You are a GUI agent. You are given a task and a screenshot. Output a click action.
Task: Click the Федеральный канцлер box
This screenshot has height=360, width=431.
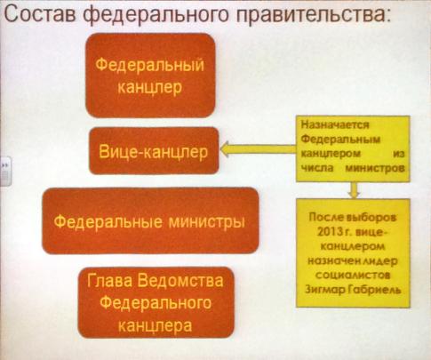click(x=150, y=76)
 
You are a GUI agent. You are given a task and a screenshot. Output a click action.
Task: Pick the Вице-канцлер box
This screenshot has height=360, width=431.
click(x=154, y=151)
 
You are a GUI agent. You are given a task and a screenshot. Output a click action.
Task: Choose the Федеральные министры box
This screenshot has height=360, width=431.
click(x=150, y=220)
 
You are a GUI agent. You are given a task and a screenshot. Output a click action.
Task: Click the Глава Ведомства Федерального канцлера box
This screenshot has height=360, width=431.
click(x=156, y=302)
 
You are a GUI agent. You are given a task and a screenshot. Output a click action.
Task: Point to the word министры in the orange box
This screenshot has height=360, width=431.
click(x=207, y=222)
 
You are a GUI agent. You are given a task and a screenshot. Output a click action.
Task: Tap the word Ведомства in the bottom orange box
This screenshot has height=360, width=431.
click(x=180, y=281)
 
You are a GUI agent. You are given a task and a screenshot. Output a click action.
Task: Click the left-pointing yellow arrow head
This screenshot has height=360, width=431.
click(x=227, y=148)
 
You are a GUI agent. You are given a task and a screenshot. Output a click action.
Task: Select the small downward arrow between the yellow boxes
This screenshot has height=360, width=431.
click(x=354, y=190)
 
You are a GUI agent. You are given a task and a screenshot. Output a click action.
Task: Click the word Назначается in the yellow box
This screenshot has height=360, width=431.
click(x=335, y=125)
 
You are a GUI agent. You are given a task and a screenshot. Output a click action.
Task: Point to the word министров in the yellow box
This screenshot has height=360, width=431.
click(x=375, y=168)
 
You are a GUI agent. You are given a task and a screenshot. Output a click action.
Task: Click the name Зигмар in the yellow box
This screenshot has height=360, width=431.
click(x=325, y=290)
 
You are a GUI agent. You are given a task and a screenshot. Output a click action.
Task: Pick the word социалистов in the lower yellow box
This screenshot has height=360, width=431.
click(x=353, y=276)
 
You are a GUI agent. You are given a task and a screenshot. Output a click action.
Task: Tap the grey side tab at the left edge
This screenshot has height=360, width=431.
click(x=5, y=171)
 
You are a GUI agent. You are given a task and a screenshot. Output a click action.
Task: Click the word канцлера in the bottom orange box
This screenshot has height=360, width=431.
click(x=155, y=325)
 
